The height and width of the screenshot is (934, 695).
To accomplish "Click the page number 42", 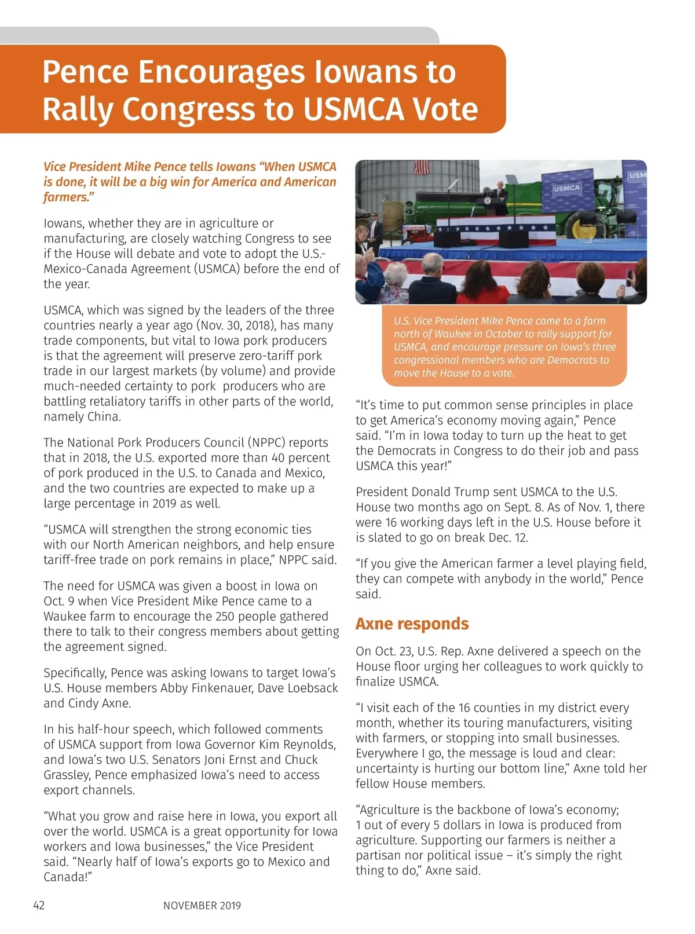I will pos(39,905).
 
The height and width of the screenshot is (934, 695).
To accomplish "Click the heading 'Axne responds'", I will pos(412,624).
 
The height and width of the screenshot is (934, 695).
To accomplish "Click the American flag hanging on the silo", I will pos(422,167).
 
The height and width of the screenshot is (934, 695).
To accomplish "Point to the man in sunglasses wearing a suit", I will pos(376,227).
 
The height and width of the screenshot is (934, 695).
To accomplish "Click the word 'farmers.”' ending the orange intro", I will pos(69,197).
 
